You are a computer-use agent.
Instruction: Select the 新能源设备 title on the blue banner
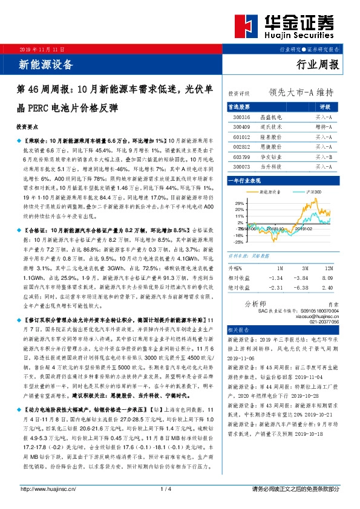click(x=45, y=64)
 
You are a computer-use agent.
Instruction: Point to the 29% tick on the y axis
click(x=240, y=203)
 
